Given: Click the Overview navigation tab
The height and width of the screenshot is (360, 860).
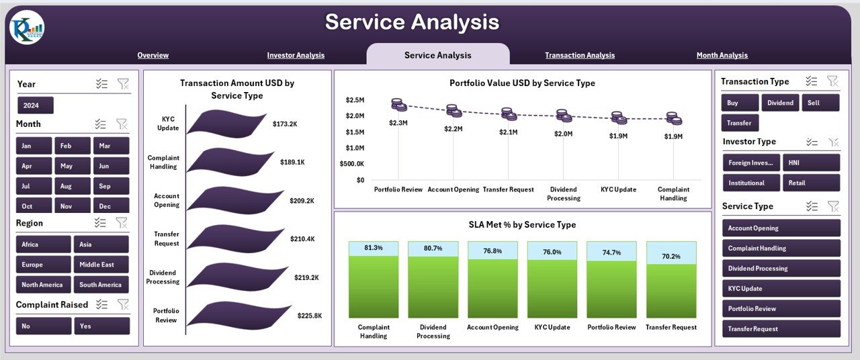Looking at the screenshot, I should click(x=153, y=55).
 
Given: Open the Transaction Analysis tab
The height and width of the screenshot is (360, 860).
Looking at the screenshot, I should click(x=579, y=55).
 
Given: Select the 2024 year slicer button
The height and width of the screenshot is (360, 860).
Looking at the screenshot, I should click(x=35, y=105).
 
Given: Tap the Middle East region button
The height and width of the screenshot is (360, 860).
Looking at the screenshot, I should click(x=101, y=265).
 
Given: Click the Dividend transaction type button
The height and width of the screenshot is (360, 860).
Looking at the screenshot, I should click(x=779, y=103).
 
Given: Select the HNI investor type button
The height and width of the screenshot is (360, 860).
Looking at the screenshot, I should click(x=811, y=163).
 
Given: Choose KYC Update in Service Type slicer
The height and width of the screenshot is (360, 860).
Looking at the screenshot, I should click(x=781, y=289).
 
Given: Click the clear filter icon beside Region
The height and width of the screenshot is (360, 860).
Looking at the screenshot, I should click(x=122, y=223).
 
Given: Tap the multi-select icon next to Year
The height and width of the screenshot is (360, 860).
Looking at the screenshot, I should click(x=101, y=84).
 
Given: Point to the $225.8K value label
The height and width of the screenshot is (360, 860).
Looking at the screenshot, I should click(x=309, y=316).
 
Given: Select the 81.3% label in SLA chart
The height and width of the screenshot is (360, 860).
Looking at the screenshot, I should click(x=374, y=248).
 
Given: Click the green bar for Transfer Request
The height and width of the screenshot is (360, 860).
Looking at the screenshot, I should click(x=671, y=289).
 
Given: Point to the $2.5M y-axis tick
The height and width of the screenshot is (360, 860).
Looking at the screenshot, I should click(x=355, y=100).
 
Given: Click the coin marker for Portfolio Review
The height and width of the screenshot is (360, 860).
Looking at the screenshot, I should click(x=398, y=105).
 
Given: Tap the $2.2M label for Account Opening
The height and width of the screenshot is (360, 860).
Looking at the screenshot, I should click(x=453, y=128).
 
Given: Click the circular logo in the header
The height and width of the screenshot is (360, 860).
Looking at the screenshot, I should click(x=27, y=28).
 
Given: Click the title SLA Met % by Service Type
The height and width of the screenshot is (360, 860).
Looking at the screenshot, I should click(x=522, y=225).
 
